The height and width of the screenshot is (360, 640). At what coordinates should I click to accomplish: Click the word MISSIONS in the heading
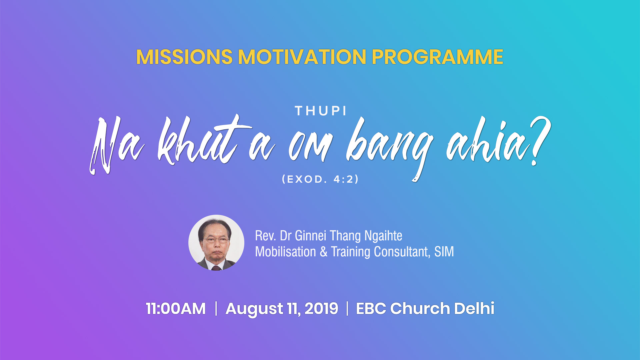(184, 57)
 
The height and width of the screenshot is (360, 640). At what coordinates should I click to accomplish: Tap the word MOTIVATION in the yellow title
(302, 57)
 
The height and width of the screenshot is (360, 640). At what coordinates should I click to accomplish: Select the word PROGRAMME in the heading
(437, 57)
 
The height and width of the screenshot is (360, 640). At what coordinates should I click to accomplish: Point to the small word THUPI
(321, 111)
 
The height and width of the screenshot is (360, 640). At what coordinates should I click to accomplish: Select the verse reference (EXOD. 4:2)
(320, 179)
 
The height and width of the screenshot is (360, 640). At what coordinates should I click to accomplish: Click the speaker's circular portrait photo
(216, 243)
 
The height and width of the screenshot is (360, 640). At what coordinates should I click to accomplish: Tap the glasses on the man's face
(216, 240)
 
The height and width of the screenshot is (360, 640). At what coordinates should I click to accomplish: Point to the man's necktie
(216, 268)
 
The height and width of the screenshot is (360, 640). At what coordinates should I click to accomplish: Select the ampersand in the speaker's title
(323, 252)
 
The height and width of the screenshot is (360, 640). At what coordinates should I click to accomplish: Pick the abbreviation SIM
(444, 252)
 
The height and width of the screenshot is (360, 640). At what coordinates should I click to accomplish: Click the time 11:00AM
(176, 309)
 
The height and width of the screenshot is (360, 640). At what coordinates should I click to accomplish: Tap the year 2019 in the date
(321, 309)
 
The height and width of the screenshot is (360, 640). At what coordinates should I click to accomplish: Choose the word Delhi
(474, 308)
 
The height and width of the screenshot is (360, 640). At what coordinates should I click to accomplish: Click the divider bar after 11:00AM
(216, 308)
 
